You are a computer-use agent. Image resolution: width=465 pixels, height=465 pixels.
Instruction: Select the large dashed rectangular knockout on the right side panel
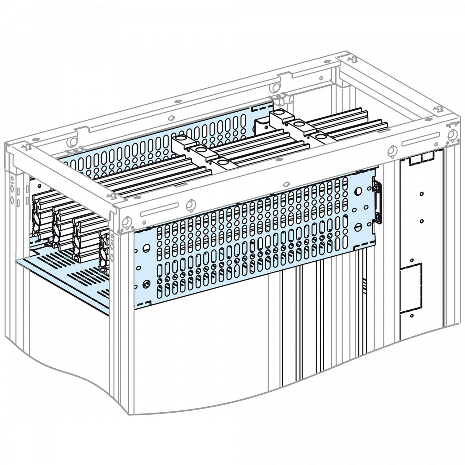tap(410, 287)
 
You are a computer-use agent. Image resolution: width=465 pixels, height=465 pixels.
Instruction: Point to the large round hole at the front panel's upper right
tap(359, 190)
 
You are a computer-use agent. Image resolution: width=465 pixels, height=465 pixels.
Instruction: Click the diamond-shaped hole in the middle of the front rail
tap(286, 184)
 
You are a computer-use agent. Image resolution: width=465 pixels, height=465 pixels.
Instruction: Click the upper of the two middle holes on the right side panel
tap(422, 194)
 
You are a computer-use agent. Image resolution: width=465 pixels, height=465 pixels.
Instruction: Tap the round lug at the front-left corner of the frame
tap(126, 223)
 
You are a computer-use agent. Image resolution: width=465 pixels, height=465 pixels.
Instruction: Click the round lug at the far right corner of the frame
tap(452, 134)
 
